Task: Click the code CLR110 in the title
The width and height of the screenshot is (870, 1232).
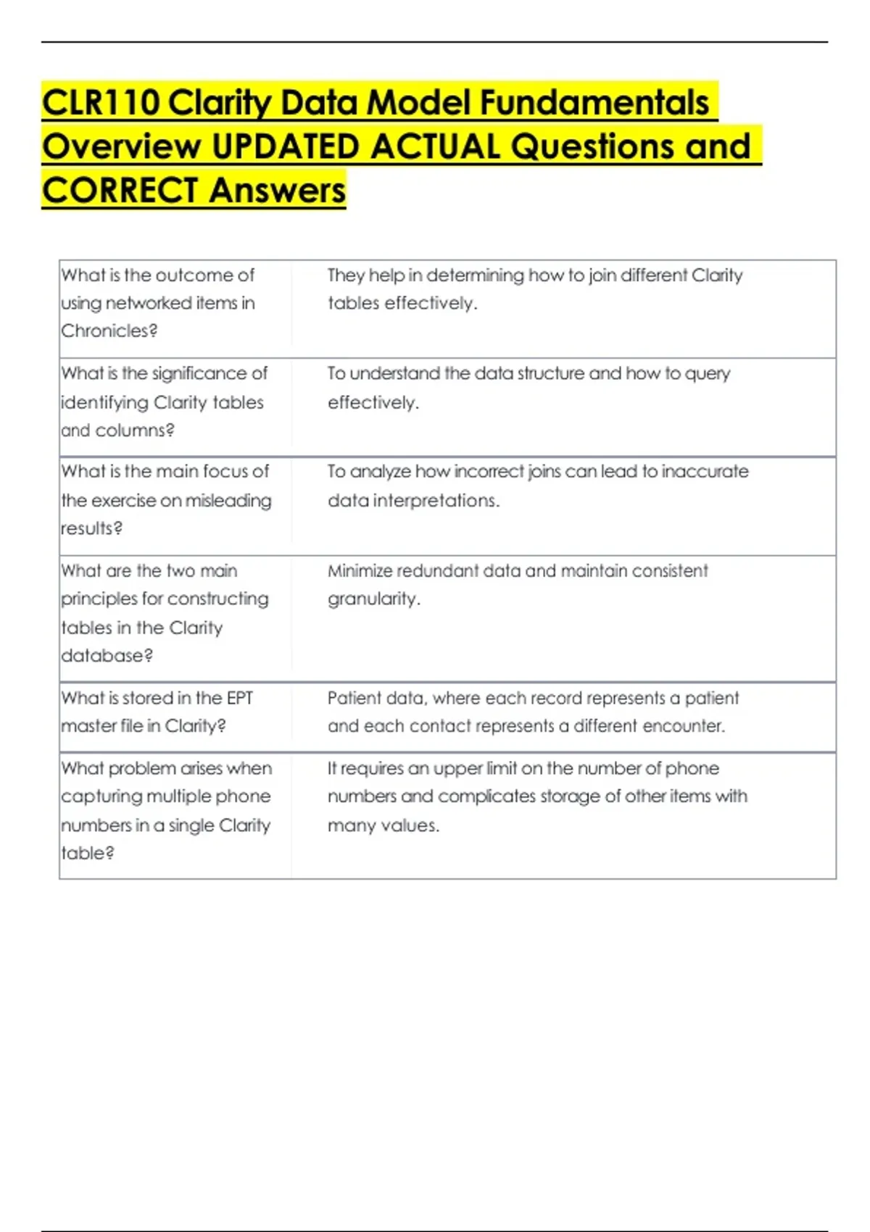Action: (x=101, y=103)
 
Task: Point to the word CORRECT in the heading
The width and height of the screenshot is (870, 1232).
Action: (x=120, y=191)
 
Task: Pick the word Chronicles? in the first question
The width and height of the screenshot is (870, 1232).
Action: (x=109, y=331)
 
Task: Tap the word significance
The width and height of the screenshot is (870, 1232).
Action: (x=199, y=373)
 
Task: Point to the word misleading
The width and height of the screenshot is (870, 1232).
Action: (x=228, y=501)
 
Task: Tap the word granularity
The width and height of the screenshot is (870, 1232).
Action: (x=373, y=599)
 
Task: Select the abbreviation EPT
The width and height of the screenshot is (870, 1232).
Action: (x=239, y=698)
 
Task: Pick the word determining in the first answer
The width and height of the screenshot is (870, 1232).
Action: (x=475, y=275)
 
